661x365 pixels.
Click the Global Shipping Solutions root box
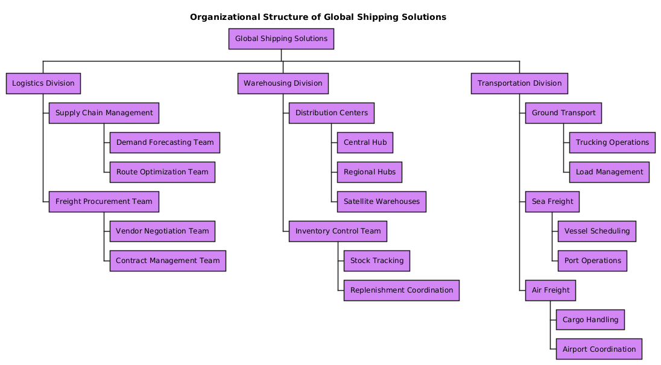(x=281, y=39)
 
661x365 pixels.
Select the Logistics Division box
(x=43, y=83)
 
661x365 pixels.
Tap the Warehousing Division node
(x=283, y=83)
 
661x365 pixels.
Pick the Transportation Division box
(x=519, y=83)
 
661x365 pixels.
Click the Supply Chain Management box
(x=104, y=113)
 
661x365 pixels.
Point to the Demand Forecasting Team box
(x=165, y=142)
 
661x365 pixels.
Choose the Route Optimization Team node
(x=162, y=172)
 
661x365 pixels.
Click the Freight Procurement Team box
(x=104, y=202)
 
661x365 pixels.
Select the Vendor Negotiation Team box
(x=162, y=231)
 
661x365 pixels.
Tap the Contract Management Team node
(x=168, y=261)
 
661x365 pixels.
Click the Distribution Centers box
(x=331, y=113)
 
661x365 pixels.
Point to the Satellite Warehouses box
(x=381, y=202)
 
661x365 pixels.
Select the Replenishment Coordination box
(x=401, y=290)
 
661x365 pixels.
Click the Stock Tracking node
(x=377, y=261)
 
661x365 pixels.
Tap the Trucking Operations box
(x=612, y=142)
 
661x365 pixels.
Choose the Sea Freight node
(x=552, y=202)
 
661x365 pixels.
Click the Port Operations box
(x=592, y=261)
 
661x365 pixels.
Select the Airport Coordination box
(x=598, y=349)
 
